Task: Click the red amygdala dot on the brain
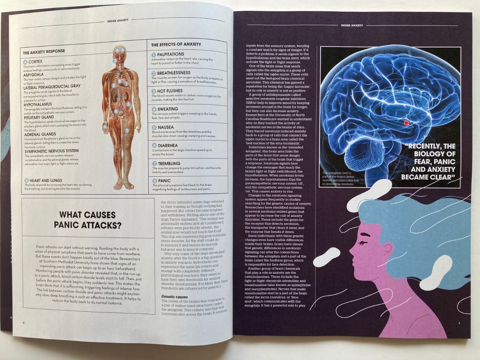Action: [x=406, y=122]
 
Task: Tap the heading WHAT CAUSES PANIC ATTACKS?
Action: [x=87, y=220]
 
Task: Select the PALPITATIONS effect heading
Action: [x=170, y=54]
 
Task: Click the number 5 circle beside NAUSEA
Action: [x=154, y=127]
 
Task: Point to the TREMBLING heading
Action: [x=169, y=163]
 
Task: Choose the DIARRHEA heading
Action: [x=168, y=145]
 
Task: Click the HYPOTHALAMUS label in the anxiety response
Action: [x=38, y=104]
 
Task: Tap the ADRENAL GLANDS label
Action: [x=40, y=134]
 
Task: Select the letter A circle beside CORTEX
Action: [x=25, y=62]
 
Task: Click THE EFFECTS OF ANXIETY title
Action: [x=176, y=44]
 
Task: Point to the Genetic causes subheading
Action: [x=175, y=297]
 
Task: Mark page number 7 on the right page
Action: [x=459, y=323]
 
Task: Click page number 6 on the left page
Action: [x=24, y=322]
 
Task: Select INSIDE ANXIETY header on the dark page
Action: [x=352, y=25]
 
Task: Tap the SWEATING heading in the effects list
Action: [x=168, y=109]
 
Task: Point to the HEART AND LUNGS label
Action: [x=46, y=181]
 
